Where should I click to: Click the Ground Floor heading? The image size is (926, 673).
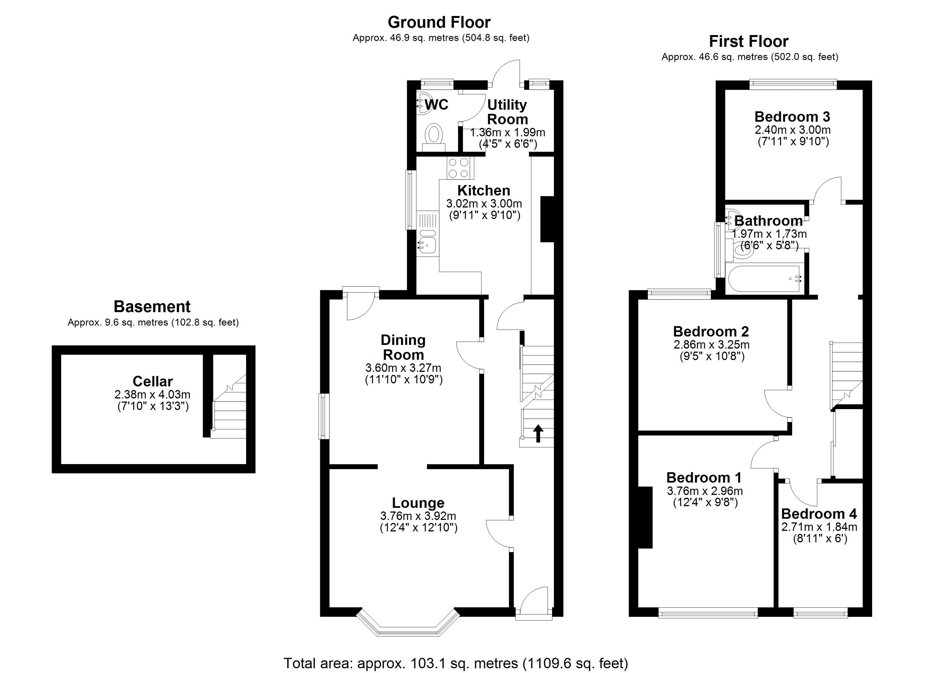click(439, 22)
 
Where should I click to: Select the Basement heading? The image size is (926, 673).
click(152, 306)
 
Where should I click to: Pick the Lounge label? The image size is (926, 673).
click(418, 503)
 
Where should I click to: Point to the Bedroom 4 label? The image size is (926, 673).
click(819, 513)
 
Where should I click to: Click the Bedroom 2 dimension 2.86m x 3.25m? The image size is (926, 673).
click(711, 344)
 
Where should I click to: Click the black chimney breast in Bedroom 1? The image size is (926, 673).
click(645, 517)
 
